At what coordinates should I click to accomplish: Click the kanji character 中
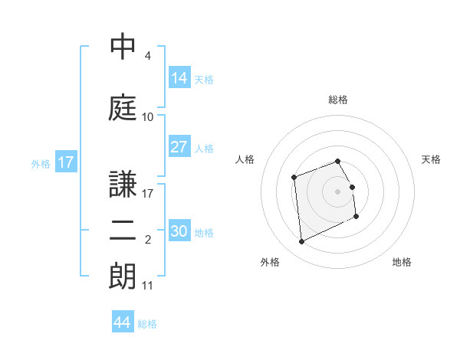point(123,48)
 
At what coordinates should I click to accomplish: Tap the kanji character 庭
point(123,107)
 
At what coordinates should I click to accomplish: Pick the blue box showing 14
point(179,78)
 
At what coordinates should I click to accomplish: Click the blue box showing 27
point(179,147)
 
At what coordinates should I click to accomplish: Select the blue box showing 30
point(179,231)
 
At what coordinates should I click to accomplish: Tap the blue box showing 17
point(66,162)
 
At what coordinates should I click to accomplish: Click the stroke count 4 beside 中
point(147,56)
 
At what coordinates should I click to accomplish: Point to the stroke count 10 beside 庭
point(148,117)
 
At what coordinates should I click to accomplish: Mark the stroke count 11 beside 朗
point(148,286)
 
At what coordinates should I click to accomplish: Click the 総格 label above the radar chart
point(337,100)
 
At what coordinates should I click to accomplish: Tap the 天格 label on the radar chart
point(432,159)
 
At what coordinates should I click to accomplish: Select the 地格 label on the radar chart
point(402,262)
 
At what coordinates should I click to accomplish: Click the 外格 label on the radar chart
point(270,262)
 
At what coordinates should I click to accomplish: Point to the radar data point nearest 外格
point(301,242)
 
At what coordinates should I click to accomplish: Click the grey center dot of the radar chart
point(337,191)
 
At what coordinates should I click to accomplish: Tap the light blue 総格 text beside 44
point(147,324)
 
